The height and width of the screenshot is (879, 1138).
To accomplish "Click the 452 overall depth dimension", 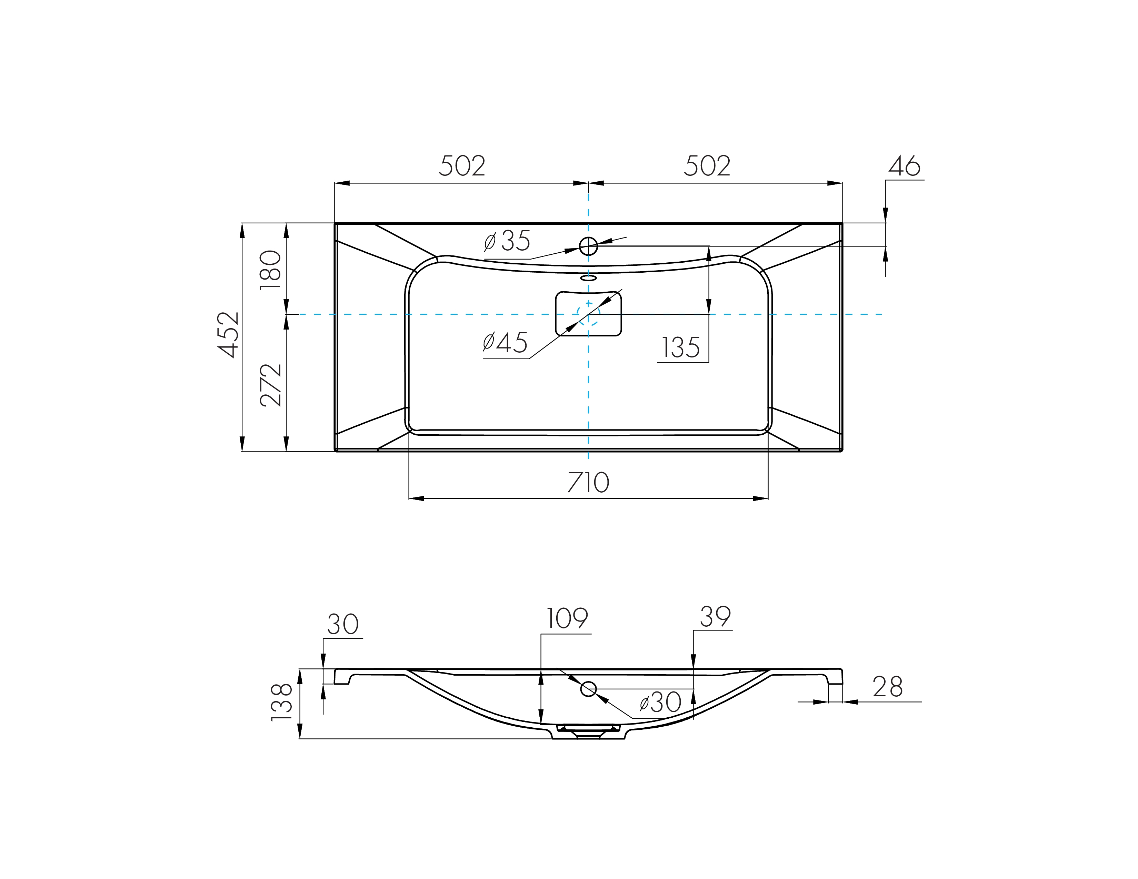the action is pyautogui.click(x=228, y=335).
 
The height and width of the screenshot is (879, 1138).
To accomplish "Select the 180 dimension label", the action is pyautogui.click(x=270, y=270).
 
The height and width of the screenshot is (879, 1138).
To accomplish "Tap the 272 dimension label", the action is pyautogui.click(x=270, y=385).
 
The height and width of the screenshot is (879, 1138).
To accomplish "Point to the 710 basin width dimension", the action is pyautogui.click(x=588, y=482).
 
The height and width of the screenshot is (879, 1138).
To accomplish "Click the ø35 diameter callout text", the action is pyautogui.click(x=507, y=241).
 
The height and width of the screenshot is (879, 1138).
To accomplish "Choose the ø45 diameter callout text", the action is pyautogui.click(x=505, y=343).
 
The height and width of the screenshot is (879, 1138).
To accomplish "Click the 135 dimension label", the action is pyautogui.click(x=680, y=347).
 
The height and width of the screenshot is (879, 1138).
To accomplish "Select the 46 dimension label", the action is pyautogui.click(x=905, y=166).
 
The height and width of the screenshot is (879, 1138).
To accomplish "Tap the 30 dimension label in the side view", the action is pyautogui.click(x=343, y=624).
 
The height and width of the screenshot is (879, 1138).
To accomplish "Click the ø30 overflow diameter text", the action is pyautogui.click(x=660, y=703).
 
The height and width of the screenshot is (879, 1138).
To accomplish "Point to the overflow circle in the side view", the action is pyautogui.click(x=588, y=689).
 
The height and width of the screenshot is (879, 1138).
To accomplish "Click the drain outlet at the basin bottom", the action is pyautogui.click(x=588, y=731).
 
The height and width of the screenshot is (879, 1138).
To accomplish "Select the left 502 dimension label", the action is pyautogui.click(x=462, y=166).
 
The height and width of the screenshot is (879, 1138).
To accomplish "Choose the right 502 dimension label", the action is pyautogui.click(x=707, y=166).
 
